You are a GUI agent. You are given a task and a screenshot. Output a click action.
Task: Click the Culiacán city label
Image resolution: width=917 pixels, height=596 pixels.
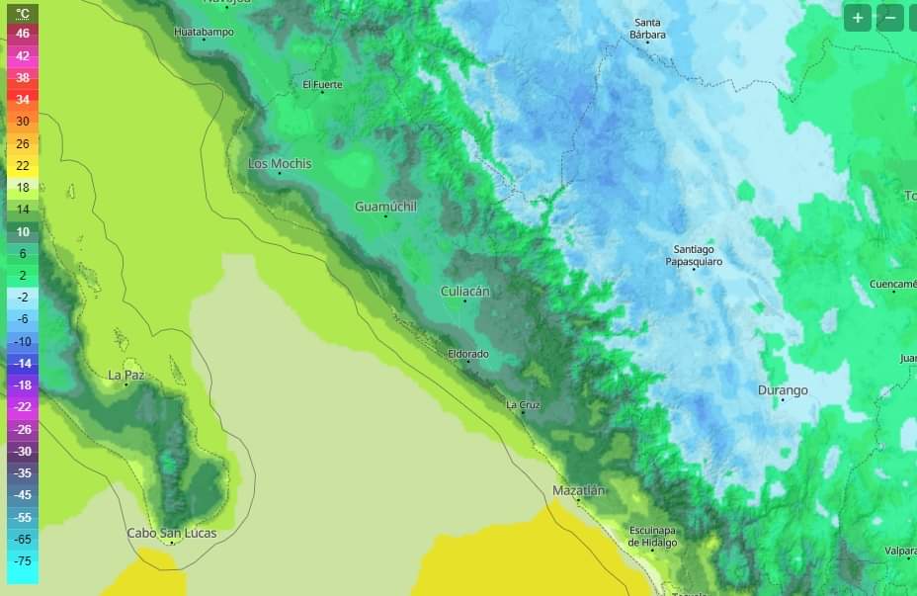pyautogui.click(x=465, y=292)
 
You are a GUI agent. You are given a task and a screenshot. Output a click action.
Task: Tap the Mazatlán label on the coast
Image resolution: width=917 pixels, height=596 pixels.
pyautogui.click(x=579, y=490)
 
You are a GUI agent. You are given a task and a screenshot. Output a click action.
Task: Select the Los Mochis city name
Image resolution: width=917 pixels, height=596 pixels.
pyautogui.click(x=280, y=163)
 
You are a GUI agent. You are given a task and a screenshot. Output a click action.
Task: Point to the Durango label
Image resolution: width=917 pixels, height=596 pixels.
pyautogui.click(x=783, y=390)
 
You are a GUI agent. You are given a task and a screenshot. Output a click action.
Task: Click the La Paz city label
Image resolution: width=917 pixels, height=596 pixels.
pyautogui.click(x=126, y=375)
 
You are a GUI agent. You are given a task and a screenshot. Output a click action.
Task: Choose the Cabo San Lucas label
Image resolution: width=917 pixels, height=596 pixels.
pyautogui.click(x=171, y=533)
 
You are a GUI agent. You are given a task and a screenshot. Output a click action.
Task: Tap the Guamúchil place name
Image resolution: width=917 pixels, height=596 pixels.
pyautogui.click(x=385, y=207)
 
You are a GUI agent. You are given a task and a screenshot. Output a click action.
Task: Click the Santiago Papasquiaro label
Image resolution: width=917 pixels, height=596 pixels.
pyautogui.click(x=694, y=255)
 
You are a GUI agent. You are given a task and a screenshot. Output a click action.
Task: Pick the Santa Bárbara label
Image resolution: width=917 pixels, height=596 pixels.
pyautogui.click(x=648, y=29)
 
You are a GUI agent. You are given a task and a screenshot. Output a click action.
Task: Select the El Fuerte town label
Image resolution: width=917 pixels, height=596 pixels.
pyautogui.click(x=322, y=85)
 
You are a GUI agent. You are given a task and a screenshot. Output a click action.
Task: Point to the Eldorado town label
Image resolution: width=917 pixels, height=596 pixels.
pyautogui.click(x=468, y=354)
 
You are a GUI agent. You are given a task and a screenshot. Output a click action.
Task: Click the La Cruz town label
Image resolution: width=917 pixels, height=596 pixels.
pyautogui.click(x=523, y=404)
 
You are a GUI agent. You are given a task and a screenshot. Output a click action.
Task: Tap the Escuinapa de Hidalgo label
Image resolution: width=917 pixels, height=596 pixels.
pyautogui.click(x=653, y=537)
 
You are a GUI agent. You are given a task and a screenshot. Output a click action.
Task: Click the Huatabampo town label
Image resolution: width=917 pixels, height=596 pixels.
pyautogui.click(x=204, y=32)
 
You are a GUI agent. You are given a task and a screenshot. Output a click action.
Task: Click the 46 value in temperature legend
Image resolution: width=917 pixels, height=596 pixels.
pyautogui.click(x=23, y=33)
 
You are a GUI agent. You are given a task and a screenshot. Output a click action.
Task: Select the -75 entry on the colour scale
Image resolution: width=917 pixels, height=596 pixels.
pyautogui.click(x=23, y=561)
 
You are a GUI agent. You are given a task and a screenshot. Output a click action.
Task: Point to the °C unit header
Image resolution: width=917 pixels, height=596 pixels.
pyautogui.click(x=23, y=13)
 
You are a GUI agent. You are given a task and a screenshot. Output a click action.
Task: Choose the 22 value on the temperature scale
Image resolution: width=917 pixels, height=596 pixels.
pyautogui.click(x=23, y=165)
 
